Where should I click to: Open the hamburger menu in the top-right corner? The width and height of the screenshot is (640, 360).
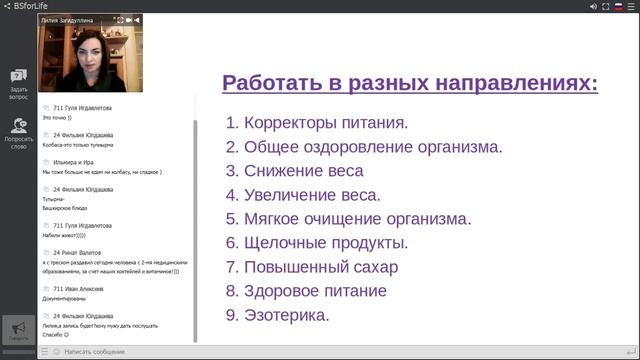629,6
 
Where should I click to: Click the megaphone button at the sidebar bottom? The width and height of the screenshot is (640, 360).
18,329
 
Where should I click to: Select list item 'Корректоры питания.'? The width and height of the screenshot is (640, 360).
317,124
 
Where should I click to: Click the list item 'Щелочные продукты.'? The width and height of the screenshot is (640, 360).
317,243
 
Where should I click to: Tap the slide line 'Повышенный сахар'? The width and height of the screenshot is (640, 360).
311,267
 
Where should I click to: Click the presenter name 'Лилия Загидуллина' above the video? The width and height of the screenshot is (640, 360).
71,19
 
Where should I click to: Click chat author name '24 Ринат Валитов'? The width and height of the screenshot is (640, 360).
79,253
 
